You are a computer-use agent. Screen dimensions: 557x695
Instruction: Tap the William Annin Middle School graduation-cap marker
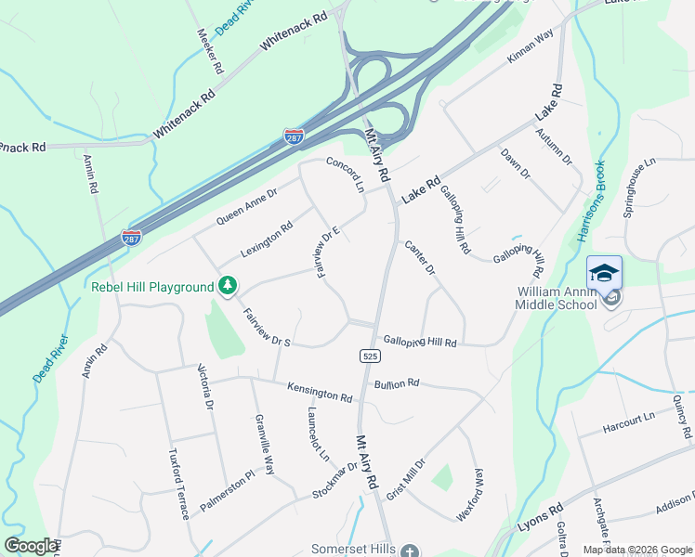(x=604, y=273)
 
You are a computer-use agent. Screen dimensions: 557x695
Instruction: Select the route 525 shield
(x=369, y=356)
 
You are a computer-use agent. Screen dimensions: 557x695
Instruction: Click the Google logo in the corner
(x=31, y=546)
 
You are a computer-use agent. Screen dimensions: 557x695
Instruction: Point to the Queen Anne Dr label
(x=246, y=207)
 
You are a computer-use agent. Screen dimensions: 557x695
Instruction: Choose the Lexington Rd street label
(x=266, y=240)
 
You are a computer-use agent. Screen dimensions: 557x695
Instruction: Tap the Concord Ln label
(x=346, y=174)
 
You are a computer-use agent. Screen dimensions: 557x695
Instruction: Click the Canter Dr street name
(x=420, y=258)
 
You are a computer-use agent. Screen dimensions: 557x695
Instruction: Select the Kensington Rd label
(x=320, y=393)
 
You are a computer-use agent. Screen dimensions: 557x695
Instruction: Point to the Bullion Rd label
(x=397, y=382)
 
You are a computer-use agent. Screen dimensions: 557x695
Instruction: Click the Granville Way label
(x=265, y=444)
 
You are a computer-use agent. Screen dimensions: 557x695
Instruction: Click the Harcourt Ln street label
(x=628, y=422)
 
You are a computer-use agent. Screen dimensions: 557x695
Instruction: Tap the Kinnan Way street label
(x=530, y=45)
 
